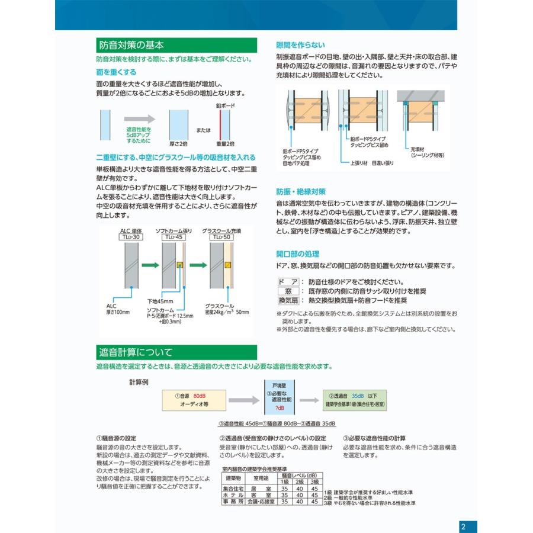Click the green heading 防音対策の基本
click(x=131, y=45)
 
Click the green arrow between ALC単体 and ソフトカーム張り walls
click(x=151, y=265)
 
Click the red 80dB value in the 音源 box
click(x=199, y=395)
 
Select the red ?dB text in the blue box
click(x=280, y=409)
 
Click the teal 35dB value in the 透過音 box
click(x=357, y=395)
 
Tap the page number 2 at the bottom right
click(x=464, y=526)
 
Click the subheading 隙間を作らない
click(x=300, y=45)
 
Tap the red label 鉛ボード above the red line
click(x=225, y=105)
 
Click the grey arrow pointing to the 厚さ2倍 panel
click(x=139, y=120)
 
